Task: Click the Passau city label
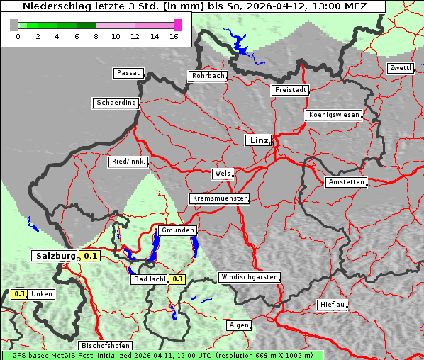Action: click(128, 73)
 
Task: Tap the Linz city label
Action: click(258, 140)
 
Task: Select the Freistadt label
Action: click(290, 90)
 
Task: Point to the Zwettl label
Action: click(400, 68)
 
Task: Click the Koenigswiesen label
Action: click(333, 115)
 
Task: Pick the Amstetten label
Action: click(345, 182)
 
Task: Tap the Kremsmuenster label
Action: click(219, 198)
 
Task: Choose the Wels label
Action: click(221, 174)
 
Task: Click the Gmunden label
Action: click(177, 230)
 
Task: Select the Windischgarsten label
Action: click(249, 277)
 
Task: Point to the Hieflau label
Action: click(333, 305)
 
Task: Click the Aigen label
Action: click(239, 325)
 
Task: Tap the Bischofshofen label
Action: click(104, 346)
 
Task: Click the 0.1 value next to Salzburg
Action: click(89, 256)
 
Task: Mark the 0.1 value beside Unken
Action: click(20, 293)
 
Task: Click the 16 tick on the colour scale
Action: click(174, 35)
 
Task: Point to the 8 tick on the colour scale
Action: click(96, 35)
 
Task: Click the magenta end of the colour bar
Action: click(177, 25)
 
